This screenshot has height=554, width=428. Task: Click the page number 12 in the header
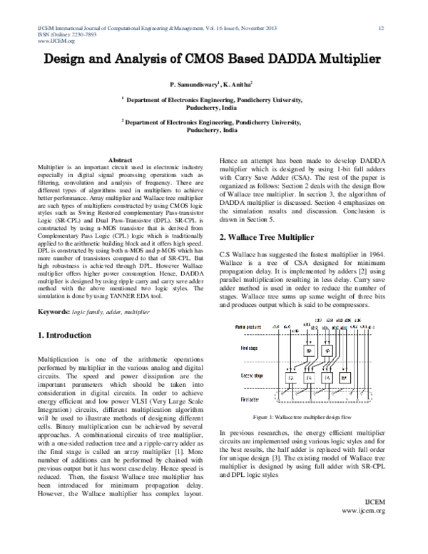pos(382,28)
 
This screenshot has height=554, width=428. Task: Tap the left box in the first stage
pos(308,352)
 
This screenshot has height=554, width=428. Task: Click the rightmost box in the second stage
pos(344,377)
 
